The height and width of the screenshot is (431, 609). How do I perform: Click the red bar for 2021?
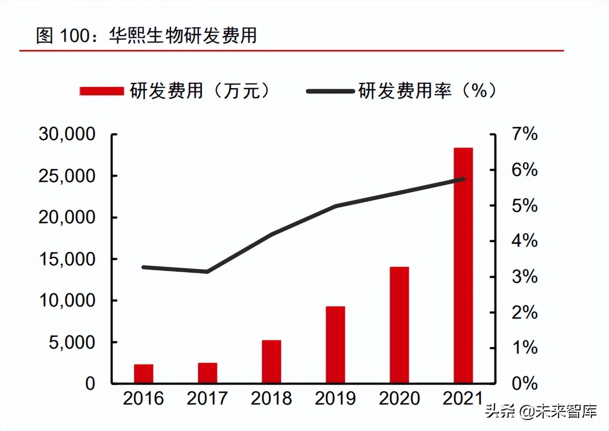coord(463,265)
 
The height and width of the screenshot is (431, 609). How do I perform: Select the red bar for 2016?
coord(143,374)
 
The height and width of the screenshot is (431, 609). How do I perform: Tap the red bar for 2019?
coord(335,345)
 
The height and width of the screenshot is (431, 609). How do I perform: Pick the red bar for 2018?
coord(271,361)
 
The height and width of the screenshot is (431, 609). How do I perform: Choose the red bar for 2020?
coord(399,325)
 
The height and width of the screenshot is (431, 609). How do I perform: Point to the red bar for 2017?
coord(207,373)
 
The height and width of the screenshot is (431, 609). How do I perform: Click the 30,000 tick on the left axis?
coord(67,134)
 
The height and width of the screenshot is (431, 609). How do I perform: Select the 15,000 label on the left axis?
coord(67,259)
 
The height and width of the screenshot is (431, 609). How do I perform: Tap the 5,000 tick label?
coord(72,343)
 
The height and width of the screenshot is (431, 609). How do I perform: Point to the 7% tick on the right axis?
coord(524,134)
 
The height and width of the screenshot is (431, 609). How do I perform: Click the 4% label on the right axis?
coord(524,241)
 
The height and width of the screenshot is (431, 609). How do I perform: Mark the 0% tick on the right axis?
coord(524,384)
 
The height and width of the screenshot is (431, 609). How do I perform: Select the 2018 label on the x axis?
coord(271,399)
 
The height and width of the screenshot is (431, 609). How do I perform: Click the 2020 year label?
coord(399,399)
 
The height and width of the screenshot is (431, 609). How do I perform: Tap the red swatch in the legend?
coord(101,91)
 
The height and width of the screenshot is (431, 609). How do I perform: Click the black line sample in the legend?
coord(330,91)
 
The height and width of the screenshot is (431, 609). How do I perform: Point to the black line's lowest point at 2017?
coord(207,272)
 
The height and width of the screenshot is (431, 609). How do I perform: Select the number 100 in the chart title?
coord(74,35)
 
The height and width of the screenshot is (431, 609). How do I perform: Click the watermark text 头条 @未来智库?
coord(541,411)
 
